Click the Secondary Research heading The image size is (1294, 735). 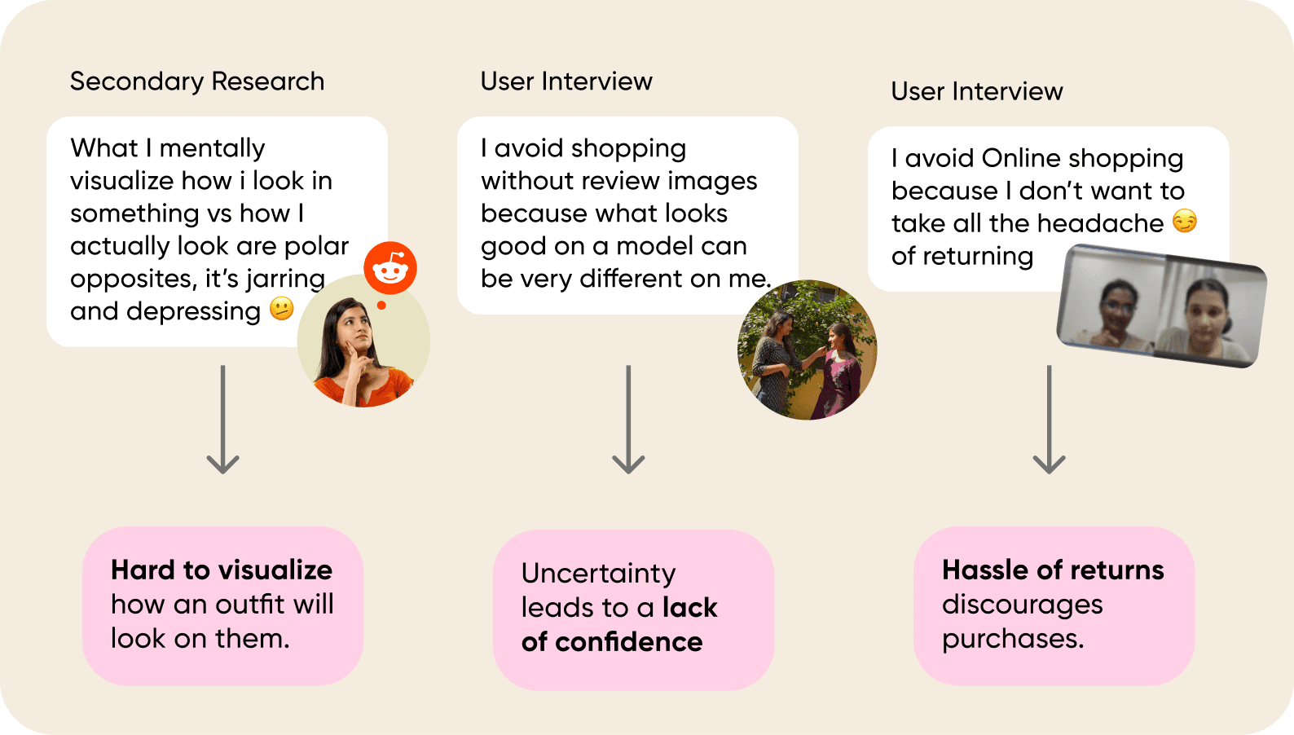click(x=196, y=81)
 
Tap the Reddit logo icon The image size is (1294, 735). click(x=390, y=268)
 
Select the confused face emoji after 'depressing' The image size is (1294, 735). click(x=281, y=309)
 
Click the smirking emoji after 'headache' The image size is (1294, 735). click(x=1184, y=221)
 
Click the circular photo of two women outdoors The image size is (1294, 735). click(x=807, y=350)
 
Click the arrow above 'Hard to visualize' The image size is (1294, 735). click(x=222, y=420)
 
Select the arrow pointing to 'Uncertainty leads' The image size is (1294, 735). click(x=628, y=420)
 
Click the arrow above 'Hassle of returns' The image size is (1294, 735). click(x=1049, y=420)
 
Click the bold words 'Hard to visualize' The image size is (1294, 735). click(x=222, y=570)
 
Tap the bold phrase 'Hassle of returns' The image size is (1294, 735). click(x=1053, y=570)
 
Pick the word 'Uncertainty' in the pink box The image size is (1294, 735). click(x=598, y=574)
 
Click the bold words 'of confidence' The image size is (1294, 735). click(x=612, y=642)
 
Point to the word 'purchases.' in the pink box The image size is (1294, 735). click(x=1013, y=639)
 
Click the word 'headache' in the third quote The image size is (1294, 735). click(x=1110, y=223)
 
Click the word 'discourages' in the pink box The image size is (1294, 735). click(x=1022, y=605)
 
